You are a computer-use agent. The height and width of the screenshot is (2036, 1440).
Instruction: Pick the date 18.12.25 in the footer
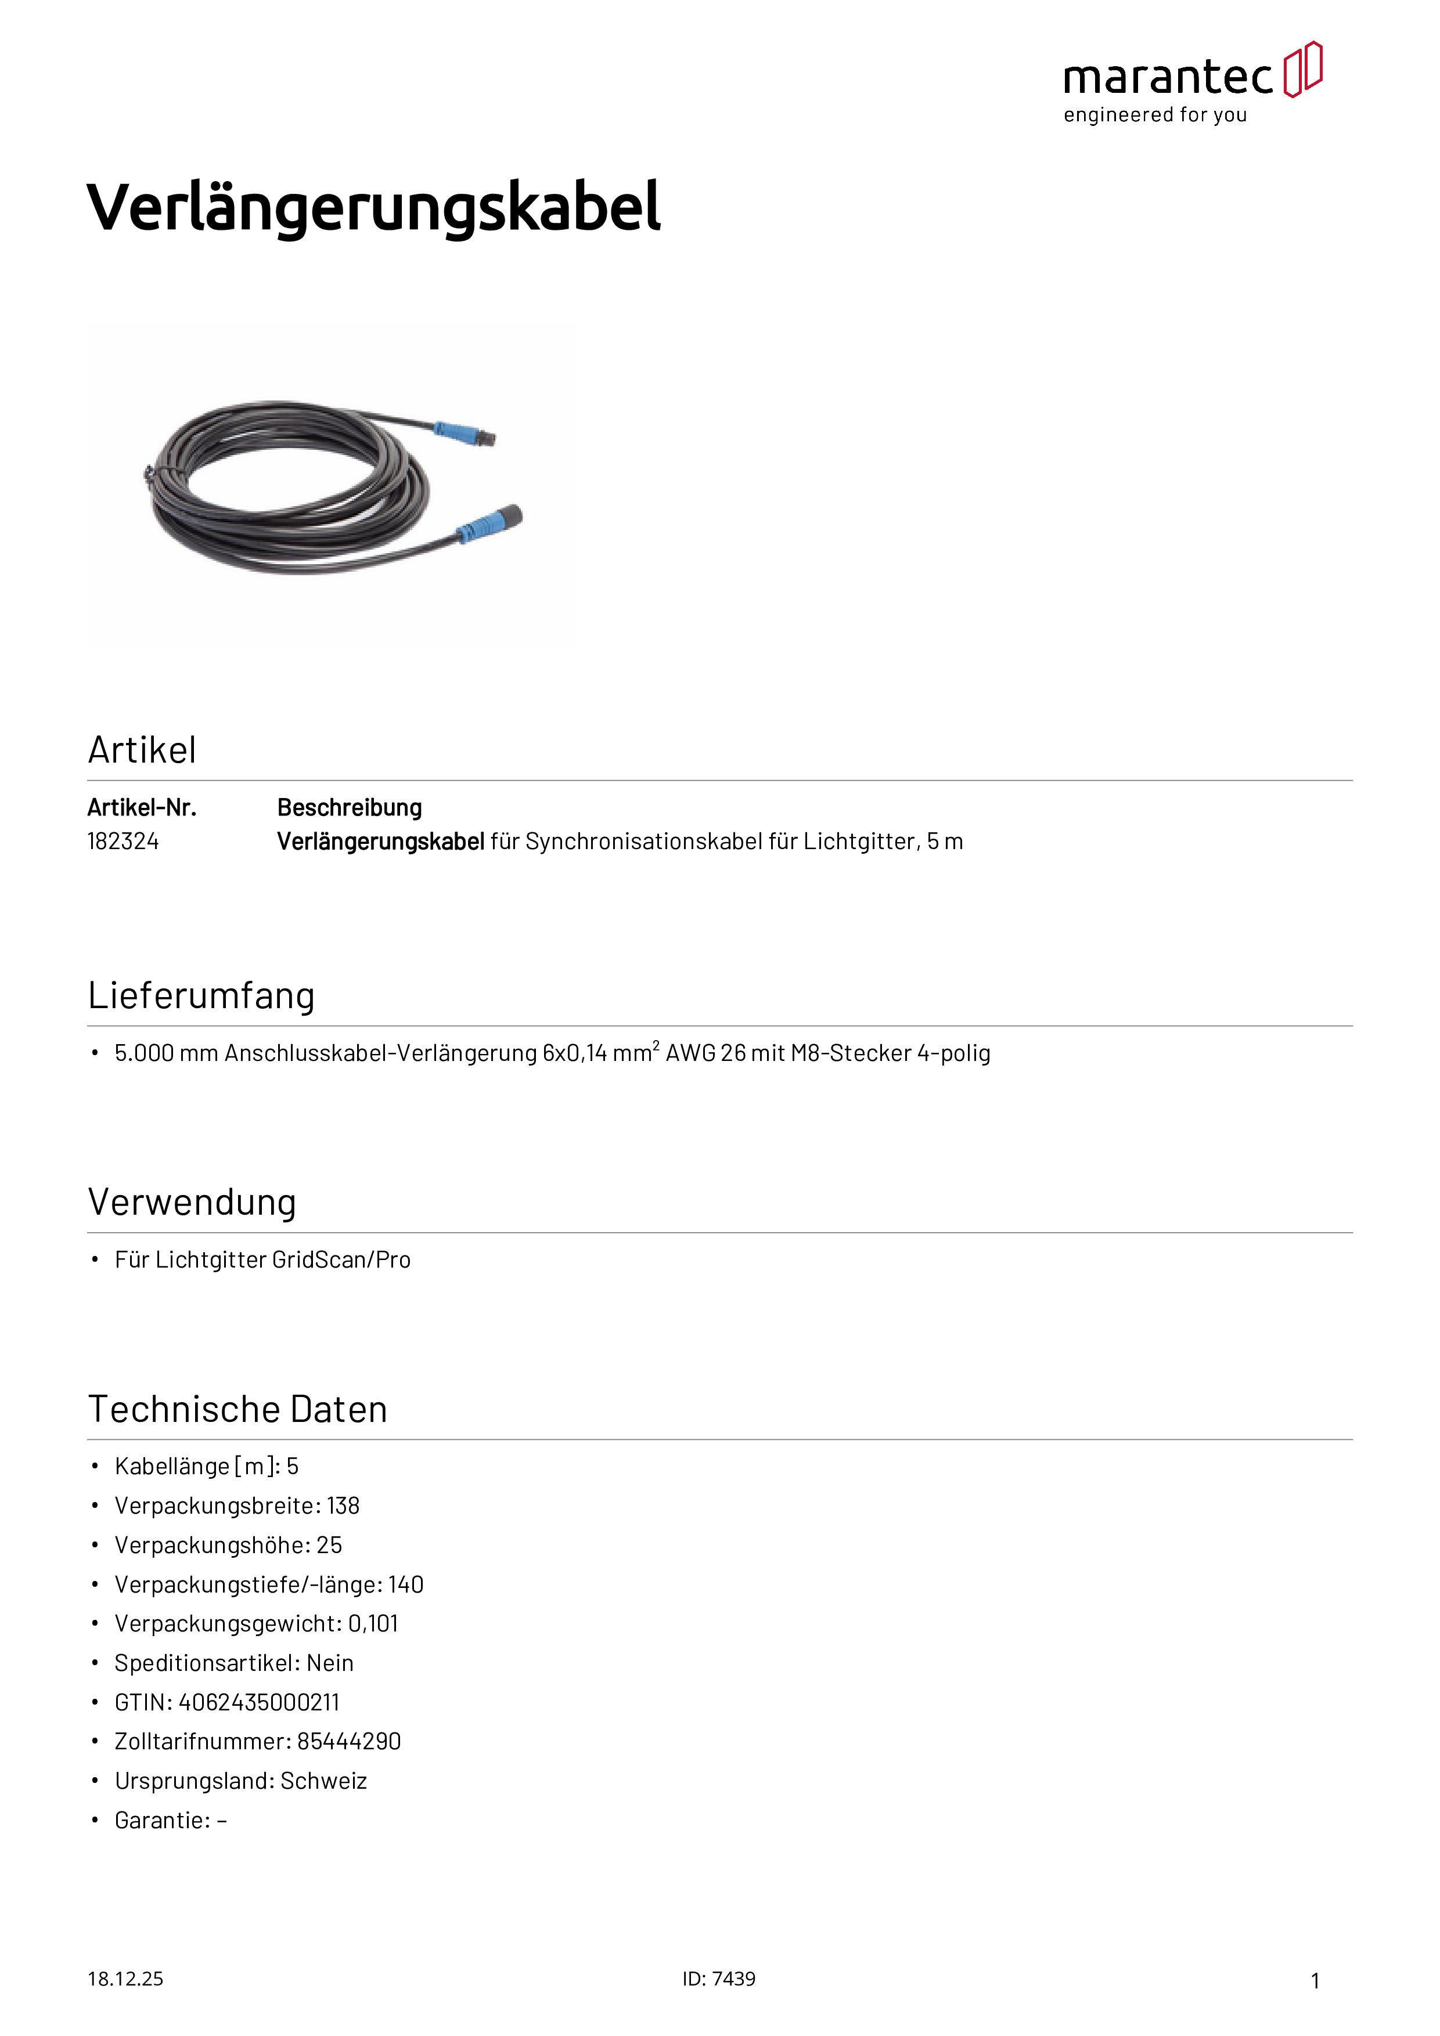[x=125, y=1979]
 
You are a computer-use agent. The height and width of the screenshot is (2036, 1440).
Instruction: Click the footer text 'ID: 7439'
[x=719, y=1979]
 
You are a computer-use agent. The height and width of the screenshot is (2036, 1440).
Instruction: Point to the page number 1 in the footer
[x=1315, y=1980]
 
